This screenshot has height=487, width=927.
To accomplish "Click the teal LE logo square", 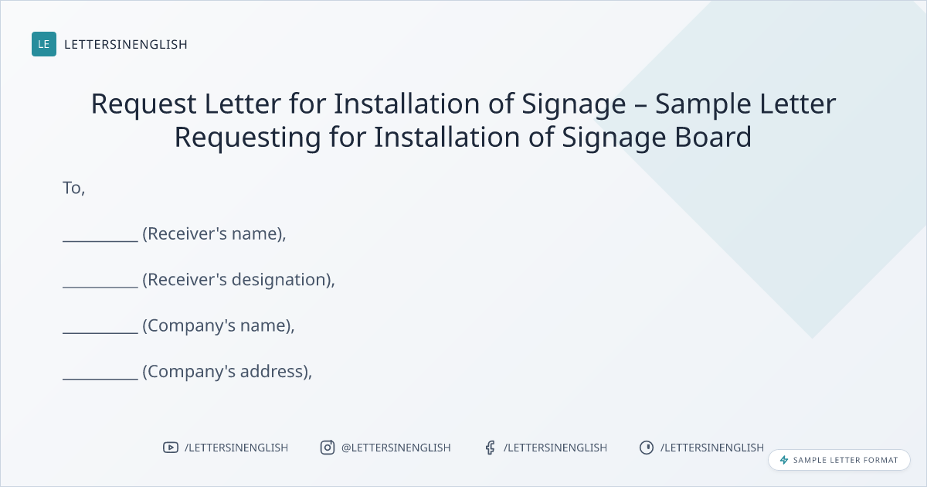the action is [x=44, y=44].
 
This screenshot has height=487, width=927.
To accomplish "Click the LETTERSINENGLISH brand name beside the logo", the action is [x=126, y=44].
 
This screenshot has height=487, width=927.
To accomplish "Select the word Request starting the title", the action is [x=144, y=104].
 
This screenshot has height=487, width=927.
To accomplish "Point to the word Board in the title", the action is [x=713, y=137].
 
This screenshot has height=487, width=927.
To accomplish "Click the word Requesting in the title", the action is [x=247, y=138].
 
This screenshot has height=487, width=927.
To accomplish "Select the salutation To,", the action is [x=74, y=188].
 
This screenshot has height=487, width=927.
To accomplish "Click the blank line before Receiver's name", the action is [x=100, y=240].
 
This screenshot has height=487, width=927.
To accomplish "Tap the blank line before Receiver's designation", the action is [x=100, y=287].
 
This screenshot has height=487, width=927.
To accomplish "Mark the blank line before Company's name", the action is [x=100, y=332].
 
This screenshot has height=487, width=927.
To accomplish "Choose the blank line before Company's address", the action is [x=100, y=379].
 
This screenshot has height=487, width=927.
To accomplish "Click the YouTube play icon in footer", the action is [x=171, y=448].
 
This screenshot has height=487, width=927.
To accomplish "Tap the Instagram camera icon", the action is [x=328, y=448].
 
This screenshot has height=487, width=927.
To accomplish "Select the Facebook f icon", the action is [x=491, y=448].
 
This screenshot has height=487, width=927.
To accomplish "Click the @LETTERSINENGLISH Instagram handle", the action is [x=396, y=448].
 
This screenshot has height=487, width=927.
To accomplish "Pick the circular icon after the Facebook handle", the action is [x=647, y=448].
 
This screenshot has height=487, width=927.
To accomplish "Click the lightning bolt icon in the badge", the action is [x=784, y=460].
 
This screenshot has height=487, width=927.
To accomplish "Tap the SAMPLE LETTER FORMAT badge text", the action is [x=845, y=460].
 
